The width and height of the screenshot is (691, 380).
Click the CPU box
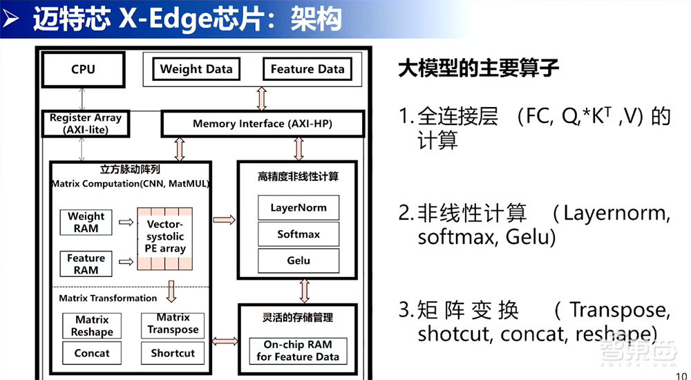(x=83, y=70)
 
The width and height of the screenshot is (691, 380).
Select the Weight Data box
(x=196, y=69)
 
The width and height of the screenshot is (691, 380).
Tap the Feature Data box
(x=307, y=69)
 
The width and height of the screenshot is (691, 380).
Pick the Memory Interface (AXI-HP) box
(x=263, y=124)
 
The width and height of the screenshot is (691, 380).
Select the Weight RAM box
(x=86, y=222)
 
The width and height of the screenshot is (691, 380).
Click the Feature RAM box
(x=86, y=264)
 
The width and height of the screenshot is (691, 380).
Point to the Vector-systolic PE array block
(x=166, y=238)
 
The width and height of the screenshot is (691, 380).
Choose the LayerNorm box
(x=299, y=207)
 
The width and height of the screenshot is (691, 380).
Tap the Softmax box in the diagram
(x=299, y=234)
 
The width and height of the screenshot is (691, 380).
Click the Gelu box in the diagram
(x=299, y=260)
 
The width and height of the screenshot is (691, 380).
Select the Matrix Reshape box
(x=92, y=325)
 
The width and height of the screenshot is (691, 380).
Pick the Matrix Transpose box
(x=173, y=324)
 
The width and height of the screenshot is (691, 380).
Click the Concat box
(x=92, y=353)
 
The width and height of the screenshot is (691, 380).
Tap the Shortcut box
(x=173, y=353)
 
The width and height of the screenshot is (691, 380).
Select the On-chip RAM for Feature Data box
(x=298, y=350)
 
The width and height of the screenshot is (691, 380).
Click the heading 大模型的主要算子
(x=478, y=69)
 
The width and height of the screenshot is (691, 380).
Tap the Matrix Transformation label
(x=108, y=298)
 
